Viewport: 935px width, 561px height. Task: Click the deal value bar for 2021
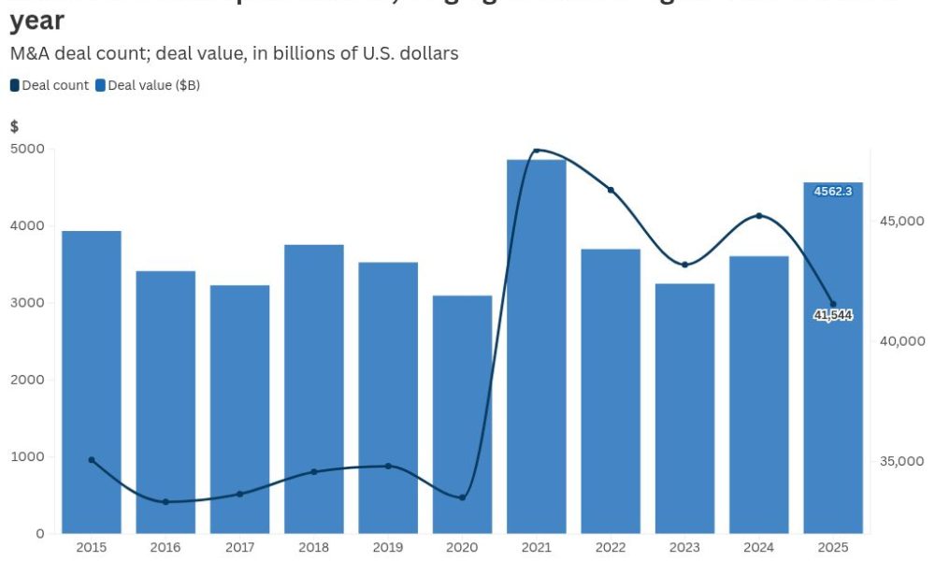coord(536,346)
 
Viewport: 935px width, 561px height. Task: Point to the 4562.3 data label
coord(833,191)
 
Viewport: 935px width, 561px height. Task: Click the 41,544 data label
coord(833,315)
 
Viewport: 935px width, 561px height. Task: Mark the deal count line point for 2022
coord(611,190)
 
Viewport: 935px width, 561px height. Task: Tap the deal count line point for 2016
coord(165,502)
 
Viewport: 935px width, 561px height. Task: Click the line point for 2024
coord(759,216)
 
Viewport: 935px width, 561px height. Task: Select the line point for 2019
coord(388,466)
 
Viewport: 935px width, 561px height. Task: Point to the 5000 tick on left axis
coord(28,149)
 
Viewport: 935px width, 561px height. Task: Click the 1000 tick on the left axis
coord(28,456)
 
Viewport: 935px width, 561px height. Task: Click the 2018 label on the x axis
coord(314,547)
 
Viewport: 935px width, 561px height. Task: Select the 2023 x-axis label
coord(684,547)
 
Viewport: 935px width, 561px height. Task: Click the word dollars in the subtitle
coord(428,53)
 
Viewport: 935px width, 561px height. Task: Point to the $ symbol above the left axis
coord(14,126)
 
